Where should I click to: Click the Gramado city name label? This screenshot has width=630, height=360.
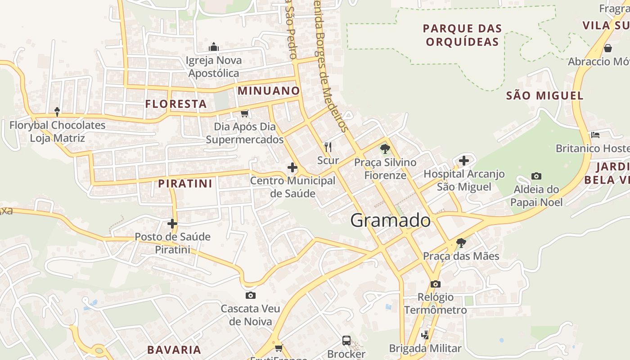pyautogui.click(x=390, y=220)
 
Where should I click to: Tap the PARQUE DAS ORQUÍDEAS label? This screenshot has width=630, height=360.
pyautogui.click(x=462, y=35)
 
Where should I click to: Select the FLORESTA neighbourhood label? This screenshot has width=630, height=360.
pyautogui.click(x=176, y=104)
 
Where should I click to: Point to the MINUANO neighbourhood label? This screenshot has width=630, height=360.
pyautogui.click(x=269, y=90)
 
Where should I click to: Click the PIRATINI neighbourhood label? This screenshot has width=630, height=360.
pyautogui.click(x=185, y=184)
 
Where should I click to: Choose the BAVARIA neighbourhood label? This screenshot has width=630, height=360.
pyautogui.click(x=174, y=350)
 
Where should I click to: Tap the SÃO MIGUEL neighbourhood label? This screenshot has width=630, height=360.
pyautogui.click(x=544, y=95)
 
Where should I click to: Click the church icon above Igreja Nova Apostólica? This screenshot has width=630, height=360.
pyautogui.click(x=214, y=47)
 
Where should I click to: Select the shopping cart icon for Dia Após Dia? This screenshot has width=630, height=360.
pyautogui.click(x=244, y=113)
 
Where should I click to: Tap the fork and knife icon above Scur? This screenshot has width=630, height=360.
pyautogui.click(x=328, y=147)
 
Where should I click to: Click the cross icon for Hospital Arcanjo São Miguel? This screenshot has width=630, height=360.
pyautogui.click(x=464, y=160)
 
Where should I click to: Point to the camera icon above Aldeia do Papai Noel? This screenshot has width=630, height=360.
pyautogui.click(x=536, y=176)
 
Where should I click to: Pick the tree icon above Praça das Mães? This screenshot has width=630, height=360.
pyautogui.click(x=461, y=243)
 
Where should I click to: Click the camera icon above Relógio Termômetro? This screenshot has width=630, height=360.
pyautogui.click(x=435, y=284)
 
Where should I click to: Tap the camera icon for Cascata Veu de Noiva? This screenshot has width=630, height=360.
pyautogui.click(x=251, y=296)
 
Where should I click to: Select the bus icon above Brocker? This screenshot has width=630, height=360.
pyautogui.click(x=346, y=341)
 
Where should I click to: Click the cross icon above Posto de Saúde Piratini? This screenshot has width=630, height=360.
pyautogui.click(x=172, y=223)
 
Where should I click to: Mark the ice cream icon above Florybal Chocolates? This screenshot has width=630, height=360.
pyautogui.click(x=57, y=111)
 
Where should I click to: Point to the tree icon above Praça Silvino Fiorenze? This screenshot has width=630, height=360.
pyautogui.click(x=385, y=148)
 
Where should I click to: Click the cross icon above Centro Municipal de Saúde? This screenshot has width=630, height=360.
pyautogui.click(x=292, y=168)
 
